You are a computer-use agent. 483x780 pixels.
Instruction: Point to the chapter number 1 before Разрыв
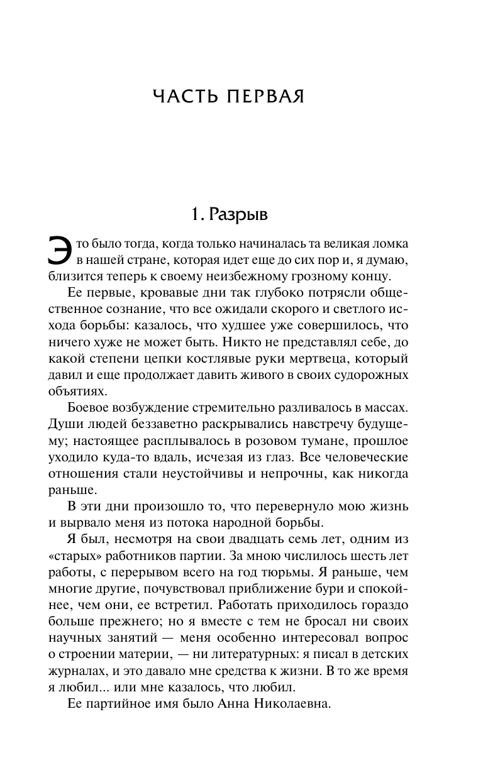196,214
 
